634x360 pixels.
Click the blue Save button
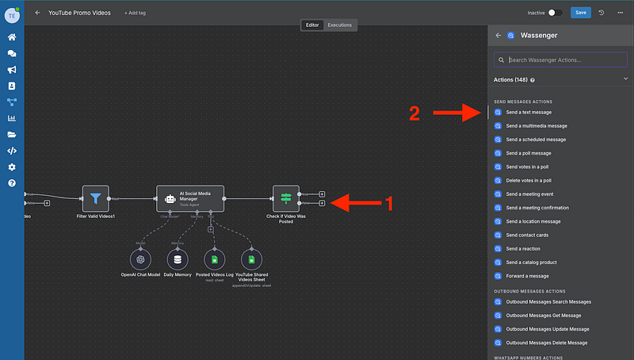tap(581, 13)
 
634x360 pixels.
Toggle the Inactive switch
tap(556, 13)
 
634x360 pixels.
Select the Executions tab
tap(340, 25)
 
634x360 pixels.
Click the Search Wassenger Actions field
tap(561, 60)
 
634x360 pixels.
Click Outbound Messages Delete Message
tap(546, 343)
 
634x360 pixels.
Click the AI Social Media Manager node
tap(190, 198)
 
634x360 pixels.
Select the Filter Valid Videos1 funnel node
tap(95, 198)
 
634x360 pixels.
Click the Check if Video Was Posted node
tap(285, 198)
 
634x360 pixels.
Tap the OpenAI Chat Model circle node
tap(140, 259)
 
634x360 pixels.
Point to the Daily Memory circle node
tap(178, 259)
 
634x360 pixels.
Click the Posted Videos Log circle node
tap(215, 259)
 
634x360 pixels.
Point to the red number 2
tap(414, 115)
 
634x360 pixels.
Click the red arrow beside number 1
tap(354, 203)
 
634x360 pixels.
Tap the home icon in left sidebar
tap(12, 37)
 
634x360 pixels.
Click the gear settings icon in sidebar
tap(12, 167)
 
